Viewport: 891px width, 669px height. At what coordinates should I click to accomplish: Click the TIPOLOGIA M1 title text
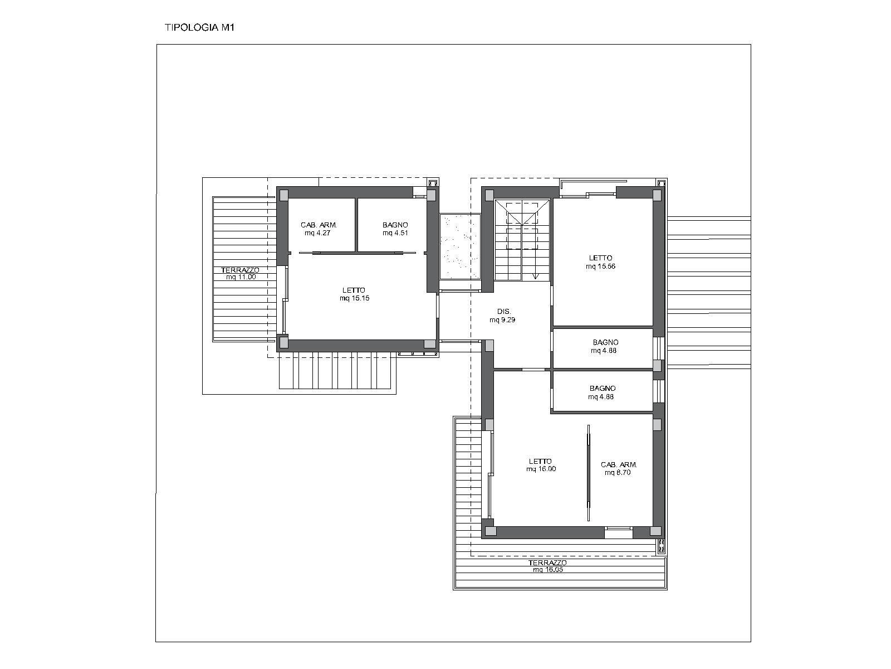(x=199, y=28)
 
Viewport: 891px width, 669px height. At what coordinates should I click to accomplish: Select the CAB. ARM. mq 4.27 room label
(x=319, y=229)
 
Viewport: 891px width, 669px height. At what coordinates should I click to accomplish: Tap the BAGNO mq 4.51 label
(x=395, y=229)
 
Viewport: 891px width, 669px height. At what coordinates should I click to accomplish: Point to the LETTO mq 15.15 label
(x=354, y=294)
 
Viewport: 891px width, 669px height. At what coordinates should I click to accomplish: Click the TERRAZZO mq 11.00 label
(x=241, y=273)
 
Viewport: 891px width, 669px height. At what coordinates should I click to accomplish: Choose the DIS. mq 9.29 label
(x=502, y=316)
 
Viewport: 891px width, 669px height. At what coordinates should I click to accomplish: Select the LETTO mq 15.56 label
(x=600, y=262)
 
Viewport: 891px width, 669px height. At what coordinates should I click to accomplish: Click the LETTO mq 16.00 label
(x=541, y=465)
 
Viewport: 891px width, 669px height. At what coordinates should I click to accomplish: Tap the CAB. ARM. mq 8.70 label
(x=619, y=468)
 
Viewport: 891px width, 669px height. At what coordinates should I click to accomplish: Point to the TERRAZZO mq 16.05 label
(x=547, y=566)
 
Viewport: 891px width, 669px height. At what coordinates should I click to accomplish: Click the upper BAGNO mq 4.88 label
(x=605, y=346)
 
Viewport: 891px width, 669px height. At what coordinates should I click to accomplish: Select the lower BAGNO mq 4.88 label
(x=602, y=392)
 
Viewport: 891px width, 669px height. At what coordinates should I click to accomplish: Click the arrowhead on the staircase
(x=535, y=276)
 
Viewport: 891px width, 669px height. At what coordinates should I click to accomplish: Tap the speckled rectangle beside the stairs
(x=460, y=246)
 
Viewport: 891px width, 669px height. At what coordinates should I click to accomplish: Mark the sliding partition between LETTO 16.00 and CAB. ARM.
(x=588, y=472)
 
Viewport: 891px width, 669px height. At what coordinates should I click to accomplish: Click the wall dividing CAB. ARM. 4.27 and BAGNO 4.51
(x=356, y=225)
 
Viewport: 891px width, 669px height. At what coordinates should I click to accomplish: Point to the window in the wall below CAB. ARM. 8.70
(x=618, y=532)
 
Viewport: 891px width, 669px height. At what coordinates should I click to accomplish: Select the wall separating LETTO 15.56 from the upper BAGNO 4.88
(x=603, y=327)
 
